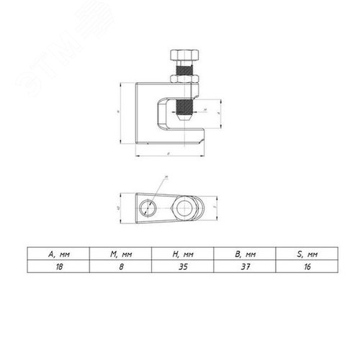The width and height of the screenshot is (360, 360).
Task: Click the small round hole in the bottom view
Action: click(x=148, y=208)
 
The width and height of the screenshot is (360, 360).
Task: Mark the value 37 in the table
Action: click(x=243, y=266)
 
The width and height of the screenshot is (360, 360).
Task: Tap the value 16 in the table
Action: click(x=302, y=266)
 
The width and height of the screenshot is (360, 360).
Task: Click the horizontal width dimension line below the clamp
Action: click(x=169, y=156)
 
